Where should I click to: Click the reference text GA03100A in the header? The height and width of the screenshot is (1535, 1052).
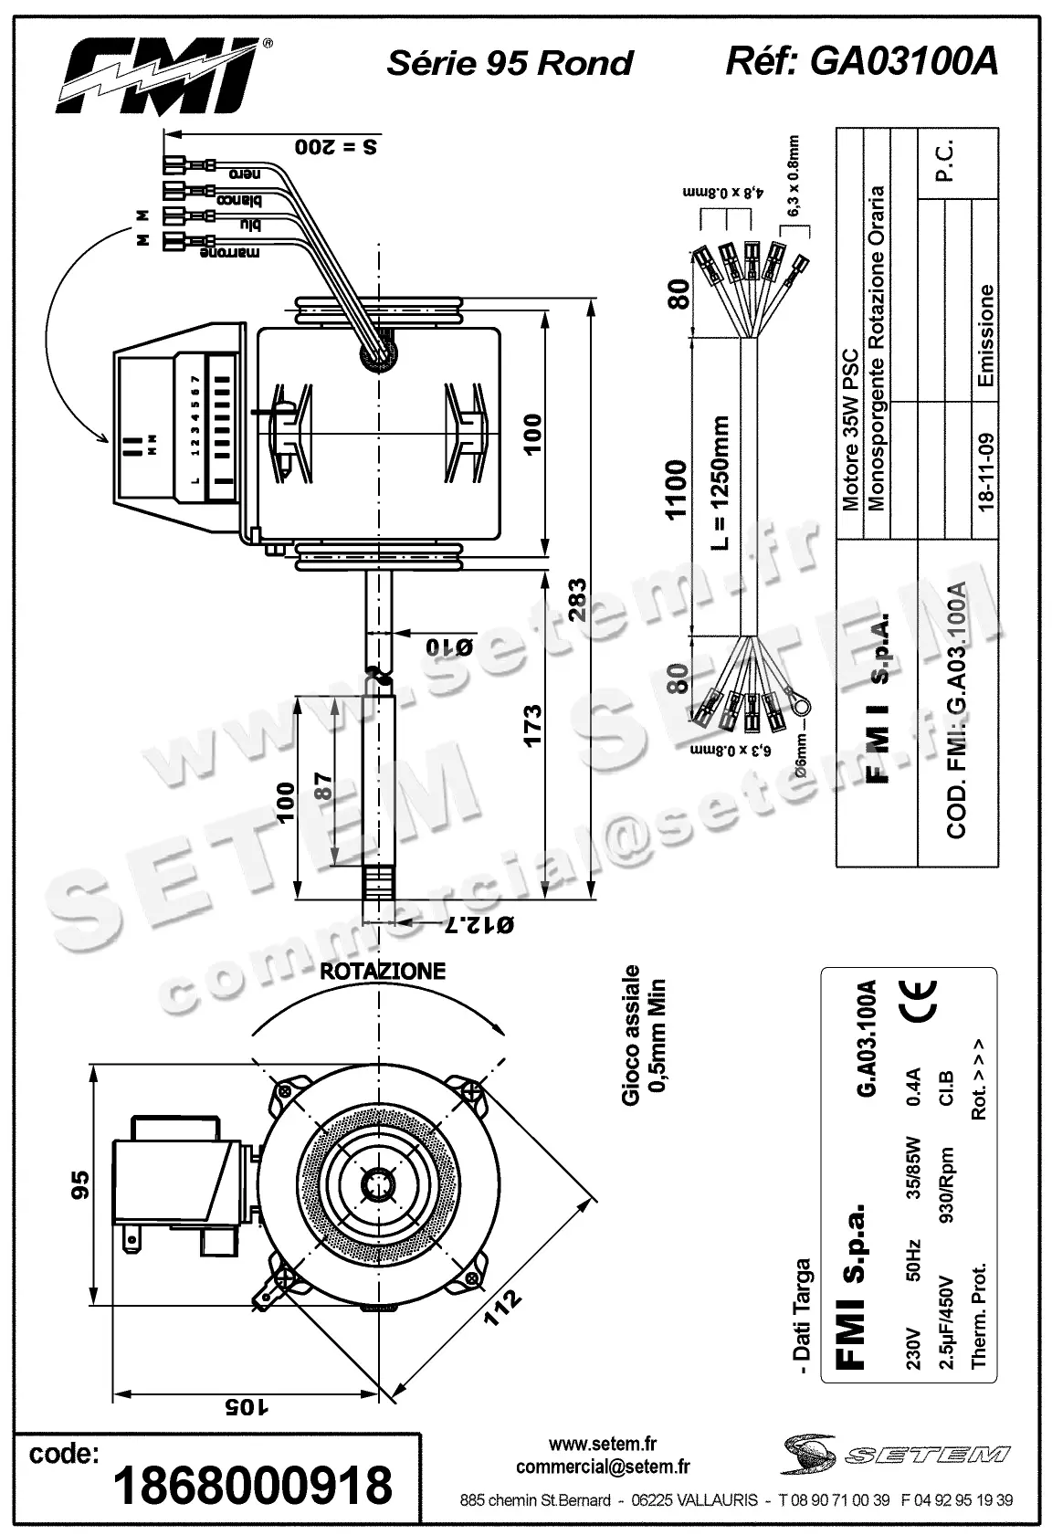860,61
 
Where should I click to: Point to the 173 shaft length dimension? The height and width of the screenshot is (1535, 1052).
532,724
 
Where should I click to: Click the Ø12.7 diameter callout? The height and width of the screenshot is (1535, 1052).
477,926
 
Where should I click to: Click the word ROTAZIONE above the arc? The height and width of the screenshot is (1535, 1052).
383,971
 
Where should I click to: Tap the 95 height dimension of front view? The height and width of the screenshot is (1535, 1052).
80,1184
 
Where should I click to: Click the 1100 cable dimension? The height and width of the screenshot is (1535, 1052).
676,489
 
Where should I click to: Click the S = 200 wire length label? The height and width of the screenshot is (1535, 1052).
337,146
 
